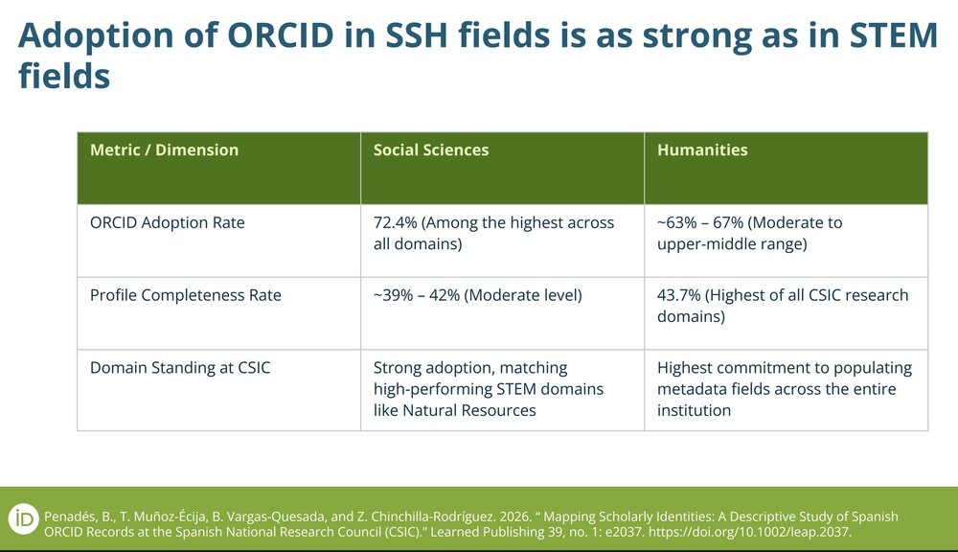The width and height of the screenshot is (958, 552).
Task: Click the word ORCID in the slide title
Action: click(x=281, y=35)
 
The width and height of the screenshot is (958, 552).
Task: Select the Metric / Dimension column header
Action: click(x=165, y=150)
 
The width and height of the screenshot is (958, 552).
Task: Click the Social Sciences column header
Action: click(x=431, y=150)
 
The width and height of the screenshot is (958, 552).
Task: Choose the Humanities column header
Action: click(x=702, y=150)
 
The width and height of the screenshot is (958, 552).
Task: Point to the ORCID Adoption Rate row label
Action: click(x=168, y=222)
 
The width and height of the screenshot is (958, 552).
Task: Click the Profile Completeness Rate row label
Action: click(x=186, y=295)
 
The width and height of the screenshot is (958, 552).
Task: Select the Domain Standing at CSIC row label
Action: click(x=180, y=368)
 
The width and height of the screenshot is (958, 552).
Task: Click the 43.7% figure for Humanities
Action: click(x=679, y=295)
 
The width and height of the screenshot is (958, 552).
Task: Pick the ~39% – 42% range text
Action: click(x=417, y=295)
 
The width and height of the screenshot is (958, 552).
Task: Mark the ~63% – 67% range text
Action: click(x=700, y=222)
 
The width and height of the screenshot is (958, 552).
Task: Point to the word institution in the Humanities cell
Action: click(x=694, y=410)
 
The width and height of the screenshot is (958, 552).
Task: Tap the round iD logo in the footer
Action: click(x=24, y=520)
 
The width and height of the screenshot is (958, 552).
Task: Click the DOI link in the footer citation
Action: click(x=750, y=532)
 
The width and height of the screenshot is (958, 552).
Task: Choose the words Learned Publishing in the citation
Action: click(x=487, y=532)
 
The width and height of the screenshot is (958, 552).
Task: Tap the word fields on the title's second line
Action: click(x=65, y=77)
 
